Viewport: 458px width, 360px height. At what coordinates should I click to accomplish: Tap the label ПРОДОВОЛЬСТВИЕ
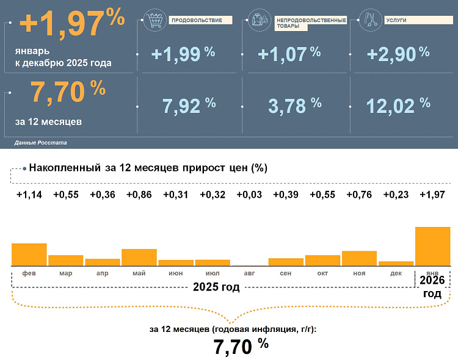click(193, 20)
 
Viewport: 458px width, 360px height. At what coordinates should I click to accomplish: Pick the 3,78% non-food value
click(295, 106)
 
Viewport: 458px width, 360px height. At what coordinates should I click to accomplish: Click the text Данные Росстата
click(40, 142)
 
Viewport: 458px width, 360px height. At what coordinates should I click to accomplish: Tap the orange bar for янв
click(432, 246)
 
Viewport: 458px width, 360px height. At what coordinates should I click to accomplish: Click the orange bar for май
click(139, 257)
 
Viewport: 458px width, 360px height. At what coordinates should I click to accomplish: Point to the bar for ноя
click(359, 258)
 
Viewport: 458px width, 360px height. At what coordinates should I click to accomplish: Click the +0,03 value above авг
click(249, 195)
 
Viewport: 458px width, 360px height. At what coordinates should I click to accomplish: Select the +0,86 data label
click(139, 195)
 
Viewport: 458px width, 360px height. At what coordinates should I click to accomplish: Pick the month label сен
click(286, 273)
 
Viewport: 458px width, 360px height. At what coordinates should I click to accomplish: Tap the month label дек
click(396, 273)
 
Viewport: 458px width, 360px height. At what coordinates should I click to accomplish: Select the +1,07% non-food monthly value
click(289, 54)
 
